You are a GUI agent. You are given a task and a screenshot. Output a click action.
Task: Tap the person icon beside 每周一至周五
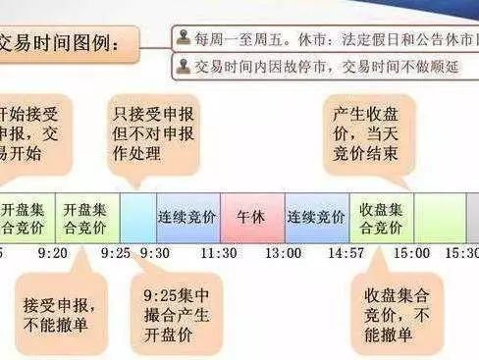coord(184,38)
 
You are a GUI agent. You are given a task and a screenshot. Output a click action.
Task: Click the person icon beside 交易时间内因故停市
coord(184,67)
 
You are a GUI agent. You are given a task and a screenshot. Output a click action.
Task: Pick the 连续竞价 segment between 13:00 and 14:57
coord(317,215)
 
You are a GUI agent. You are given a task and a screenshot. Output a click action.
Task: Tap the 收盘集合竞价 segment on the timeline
coord(381,215)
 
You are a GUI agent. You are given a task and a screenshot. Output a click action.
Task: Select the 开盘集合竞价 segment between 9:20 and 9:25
coord(89,215)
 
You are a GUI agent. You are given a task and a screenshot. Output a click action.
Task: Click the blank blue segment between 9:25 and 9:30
coord(137,215)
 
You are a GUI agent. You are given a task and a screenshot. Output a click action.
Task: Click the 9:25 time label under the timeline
coord(115,253)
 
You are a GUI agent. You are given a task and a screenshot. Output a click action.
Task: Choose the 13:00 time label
coord(284,253)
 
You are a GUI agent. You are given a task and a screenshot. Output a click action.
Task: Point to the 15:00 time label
coord(412,253)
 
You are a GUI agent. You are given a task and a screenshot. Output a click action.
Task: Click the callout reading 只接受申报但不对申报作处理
coord(155,128)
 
